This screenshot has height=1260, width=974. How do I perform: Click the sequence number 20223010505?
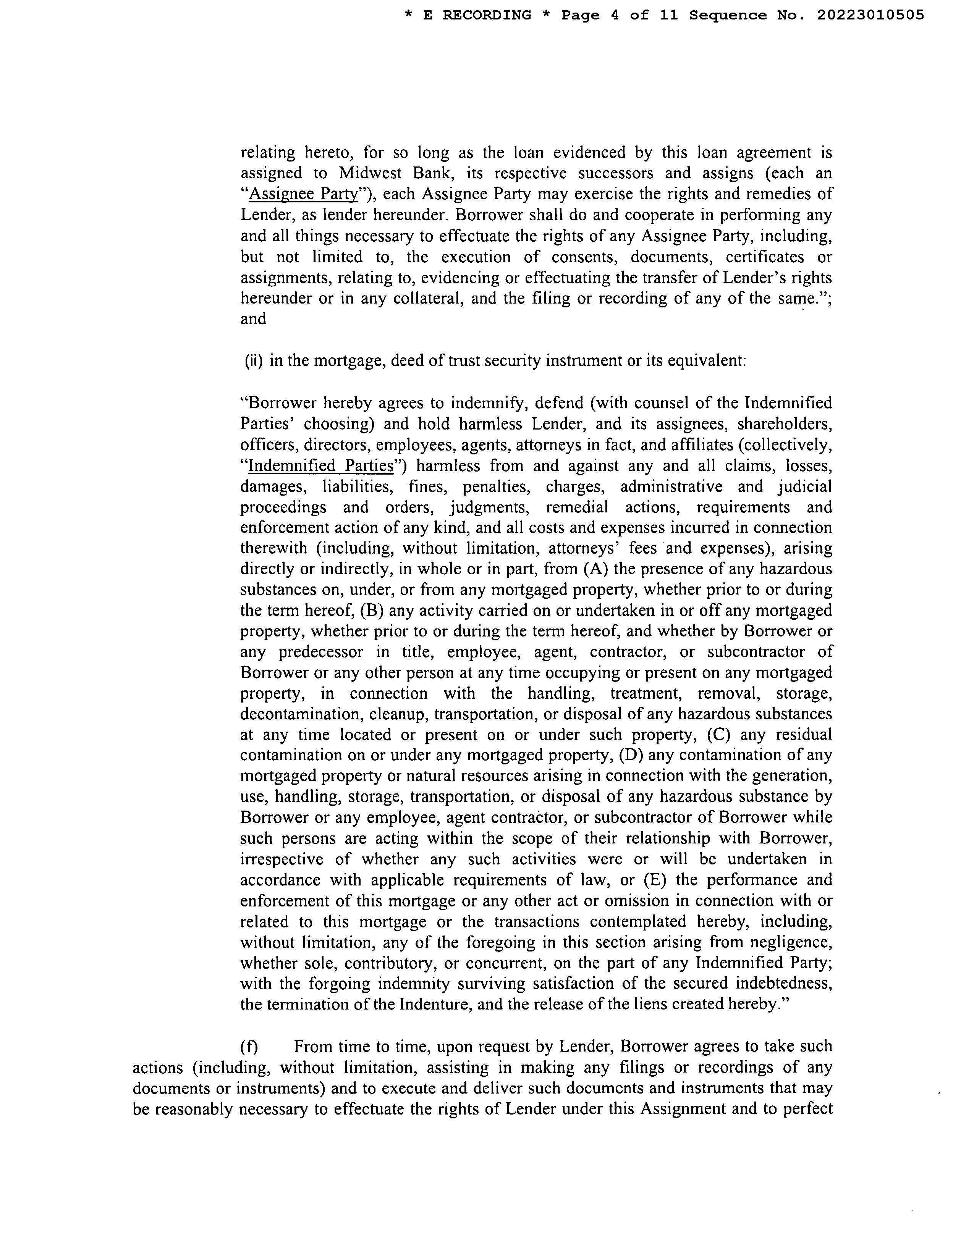(x=870, y=15)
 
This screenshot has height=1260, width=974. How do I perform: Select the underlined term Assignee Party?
(x=304, y=194)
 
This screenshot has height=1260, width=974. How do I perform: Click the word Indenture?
(x=434, y=1005)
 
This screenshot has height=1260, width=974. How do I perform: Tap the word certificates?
(x=765, y=257)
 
